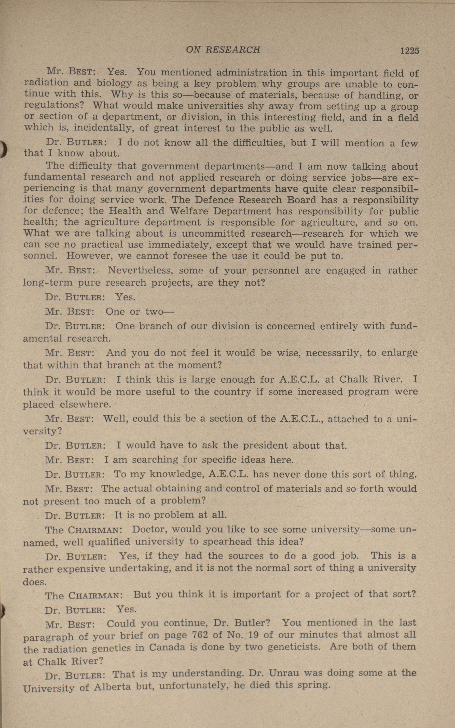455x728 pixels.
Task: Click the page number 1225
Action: pos(410,51)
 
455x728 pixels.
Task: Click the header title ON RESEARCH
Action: pos(223,50)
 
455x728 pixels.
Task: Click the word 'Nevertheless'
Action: pos(140,270)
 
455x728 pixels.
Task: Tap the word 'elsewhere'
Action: pos(85,404)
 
